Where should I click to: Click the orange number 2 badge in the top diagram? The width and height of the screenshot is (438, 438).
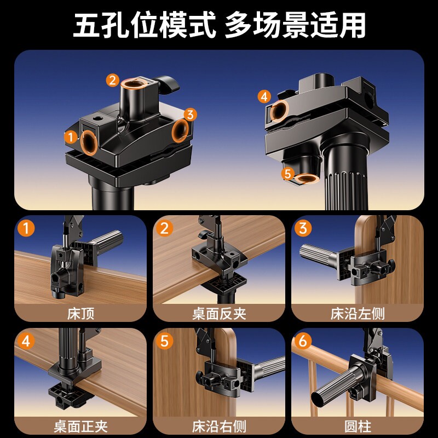coord(113,80)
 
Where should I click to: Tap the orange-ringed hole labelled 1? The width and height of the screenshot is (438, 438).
coord(89,143)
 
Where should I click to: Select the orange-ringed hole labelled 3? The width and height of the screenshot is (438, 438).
coord(180,131)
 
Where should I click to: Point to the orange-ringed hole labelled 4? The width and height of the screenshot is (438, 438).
coord(279,111)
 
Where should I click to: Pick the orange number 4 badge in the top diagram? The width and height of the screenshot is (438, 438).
coord(264,97)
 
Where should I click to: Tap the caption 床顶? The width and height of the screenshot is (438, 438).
coord(80,314)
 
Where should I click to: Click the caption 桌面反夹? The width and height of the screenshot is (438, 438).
coord(219,314)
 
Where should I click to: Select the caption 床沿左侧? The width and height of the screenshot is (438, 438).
coord(358,314)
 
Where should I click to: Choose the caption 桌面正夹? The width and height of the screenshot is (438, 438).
coord(80,427)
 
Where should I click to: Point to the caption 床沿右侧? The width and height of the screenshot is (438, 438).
coord(219,427)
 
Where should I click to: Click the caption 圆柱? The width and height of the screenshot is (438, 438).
coord(358,427)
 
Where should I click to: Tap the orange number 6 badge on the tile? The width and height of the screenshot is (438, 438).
coord(303,341)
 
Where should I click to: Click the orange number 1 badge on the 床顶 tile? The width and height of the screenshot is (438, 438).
coord(26,228)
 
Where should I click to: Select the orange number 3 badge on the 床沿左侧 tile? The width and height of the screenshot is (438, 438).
coord(303,228)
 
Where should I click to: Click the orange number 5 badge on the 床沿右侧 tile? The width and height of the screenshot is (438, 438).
coord(165,341)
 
